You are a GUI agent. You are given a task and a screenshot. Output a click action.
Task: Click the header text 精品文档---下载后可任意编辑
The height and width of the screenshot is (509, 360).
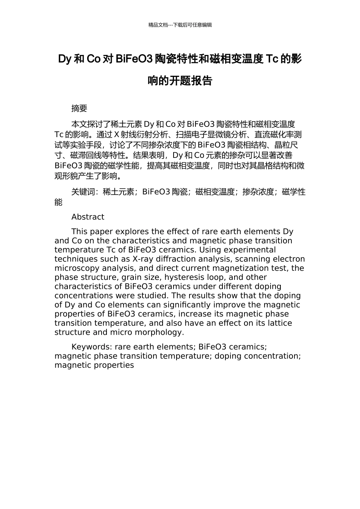coord(180,25)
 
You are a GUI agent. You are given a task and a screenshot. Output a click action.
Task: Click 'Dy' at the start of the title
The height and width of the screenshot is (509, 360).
coord(64,59)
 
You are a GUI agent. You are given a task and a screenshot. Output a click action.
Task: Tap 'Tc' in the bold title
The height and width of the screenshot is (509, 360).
coord(272,59)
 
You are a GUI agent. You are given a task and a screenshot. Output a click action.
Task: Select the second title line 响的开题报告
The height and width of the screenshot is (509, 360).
coord(180,81)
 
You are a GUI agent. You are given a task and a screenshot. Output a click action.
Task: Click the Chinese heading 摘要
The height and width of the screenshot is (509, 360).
coord(79,109)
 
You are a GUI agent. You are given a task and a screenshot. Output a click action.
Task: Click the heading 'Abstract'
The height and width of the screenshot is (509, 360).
coord(88,217)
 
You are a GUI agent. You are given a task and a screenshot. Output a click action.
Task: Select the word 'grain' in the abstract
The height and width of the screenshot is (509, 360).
coord(131,277)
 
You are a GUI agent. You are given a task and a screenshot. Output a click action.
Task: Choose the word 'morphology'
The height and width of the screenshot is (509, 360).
coord(161,333)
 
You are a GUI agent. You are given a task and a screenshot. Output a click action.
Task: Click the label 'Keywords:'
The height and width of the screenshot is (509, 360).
coord(92,347)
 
